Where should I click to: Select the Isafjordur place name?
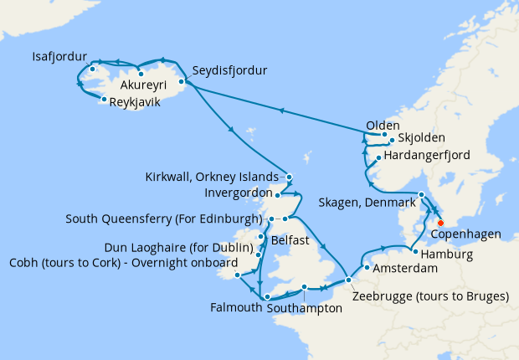coord(59,58)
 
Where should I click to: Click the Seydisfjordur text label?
coord(229,70)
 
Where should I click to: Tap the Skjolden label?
coord(422,137)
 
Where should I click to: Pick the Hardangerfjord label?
coord(428,156)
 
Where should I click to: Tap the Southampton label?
coord(305,308)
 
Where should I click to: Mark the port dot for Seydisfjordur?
coord(181,81)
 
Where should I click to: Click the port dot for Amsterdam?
coord(367,268)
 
